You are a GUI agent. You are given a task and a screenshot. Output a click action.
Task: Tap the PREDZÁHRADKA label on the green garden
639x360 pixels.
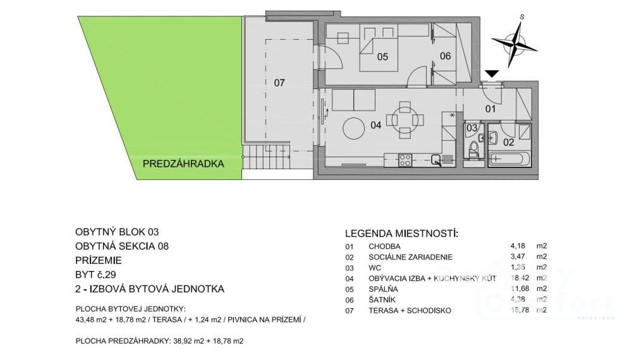tap(183, 164)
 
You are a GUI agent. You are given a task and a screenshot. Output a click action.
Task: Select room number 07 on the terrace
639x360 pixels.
tap(279, 82)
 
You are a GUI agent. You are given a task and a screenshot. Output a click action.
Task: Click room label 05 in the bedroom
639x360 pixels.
tap(382, 57)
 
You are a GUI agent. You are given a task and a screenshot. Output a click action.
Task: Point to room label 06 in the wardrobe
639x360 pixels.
tap(445, 56)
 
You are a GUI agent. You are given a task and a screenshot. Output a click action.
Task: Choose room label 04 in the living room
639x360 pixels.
tap(375, 125)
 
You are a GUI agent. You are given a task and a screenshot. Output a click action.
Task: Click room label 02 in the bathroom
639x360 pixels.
tap(509, 142)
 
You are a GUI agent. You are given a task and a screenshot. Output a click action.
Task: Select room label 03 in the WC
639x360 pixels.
tap(471, 128)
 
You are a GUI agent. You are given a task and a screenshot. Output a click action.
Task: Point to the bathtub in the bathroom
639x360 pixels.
tap(507, 158)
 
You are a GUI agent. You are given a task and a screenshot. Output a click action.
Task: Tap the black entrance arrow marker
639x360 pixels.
tap(492, 75)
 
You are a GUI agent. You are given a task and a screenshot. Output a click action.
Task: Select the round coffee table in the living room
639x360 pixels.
tap(354, 130)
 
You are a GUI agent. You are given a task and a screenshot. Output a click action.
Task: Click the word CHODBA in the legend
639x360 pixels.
tap(384, 246)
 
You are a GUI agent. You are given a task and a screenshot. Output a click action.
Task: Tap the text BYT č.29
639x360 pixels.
tap(96, 274)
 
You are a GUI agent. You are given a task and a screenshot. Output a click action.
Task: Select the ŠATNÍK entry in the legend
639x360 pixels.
tap(382, 299)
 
